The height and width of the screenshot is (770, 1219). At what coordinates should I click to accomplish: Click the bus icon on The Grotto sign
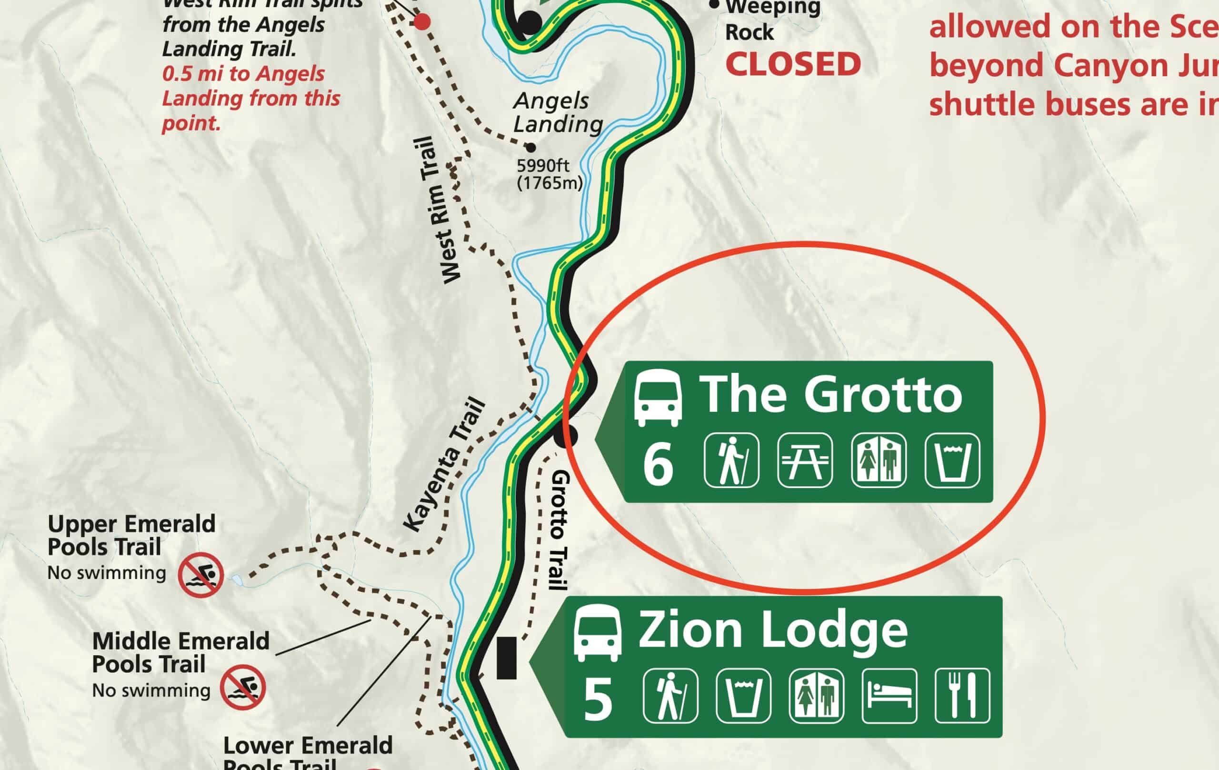[x=658, y=398]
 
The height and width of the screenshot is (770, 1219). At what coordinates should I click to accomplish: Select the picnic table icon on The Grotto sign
[x=805, y=460]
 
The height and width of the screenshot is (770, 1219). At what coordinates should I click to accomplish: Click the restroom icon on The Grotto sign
[x=879, y=460]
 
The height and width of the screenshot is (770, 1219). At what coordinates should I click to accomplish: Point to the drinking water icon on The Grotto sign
[x=952, y=460]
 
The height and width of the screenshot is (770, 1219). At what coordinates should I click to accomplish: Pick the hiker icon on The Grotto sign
[x=731, y=460]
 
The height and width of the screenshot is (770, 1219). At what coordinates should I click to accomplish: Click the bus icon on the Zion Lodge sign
[x=597, y=633]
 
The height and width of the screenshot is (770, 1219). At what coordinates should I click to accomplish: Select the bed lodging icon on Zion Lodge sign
[x=889, y=696]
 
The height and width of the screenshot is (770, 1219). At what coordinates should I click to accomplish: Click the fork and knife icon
[x=962, y=696]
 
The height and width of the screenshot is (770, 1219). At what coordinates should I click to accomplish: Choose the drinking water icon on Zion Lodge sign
[x=744, y=696]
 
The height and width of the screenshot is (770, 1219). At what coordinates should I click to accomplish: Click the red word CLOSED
[x=793, y=65]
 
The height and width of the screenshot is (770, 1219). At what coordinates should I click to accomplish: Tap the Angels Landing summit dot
[x=530, y=148]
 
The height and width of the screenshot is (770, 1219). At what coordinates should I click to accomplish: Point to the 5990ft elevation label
[x=543, y=166]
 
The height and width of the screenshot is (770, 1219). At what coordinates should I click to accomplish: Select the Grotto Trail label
[x=560, y=530]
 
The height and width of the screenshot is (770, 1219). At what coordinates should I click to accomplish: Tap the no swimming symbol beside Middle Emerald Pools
[x=242, y=687]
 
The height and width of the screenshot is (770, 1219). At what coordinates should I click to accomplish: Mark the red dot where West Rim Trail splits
[x=422, y=22]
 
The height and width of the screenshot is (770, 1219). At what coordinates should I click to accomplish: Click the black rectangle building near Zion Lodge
[x=506, y=658]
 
